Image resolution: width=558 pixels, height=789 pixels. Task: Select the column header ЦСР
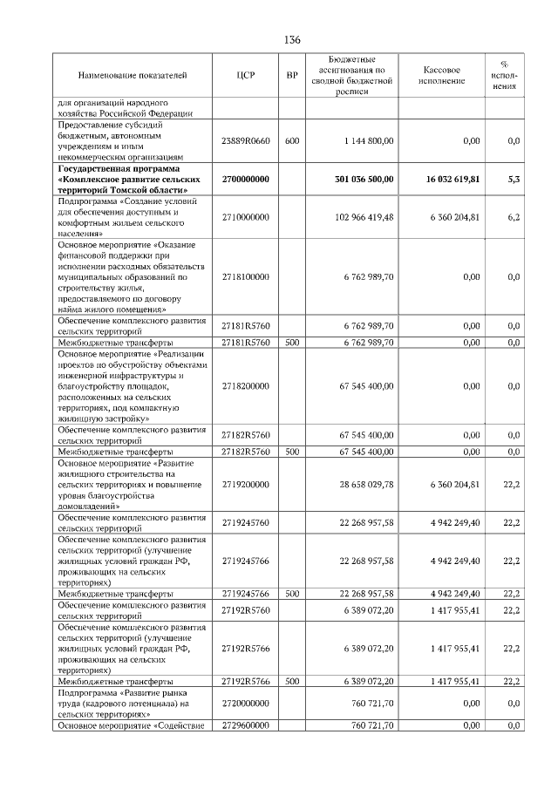(245, 76)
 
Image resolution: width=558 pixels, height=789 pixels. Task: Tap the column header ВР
(292, 76)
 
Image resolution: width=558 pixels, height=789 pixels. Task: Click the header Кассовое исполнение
(442, 76)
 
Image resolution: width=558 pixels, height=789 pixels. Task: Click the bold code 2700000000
(245, 179)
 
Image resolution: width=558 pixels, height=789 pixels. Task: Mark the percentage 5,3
(514, 179)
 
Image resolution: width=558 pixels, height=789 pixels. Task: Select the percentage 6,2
(514, 217)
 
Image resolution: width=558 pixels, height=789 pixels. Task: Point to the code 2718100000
(245, 276)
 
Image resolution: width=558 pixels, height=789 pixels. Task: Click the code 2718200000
(245, 385)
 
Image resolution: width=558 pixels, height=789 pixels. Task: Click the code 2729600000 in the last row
(245, 724)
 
